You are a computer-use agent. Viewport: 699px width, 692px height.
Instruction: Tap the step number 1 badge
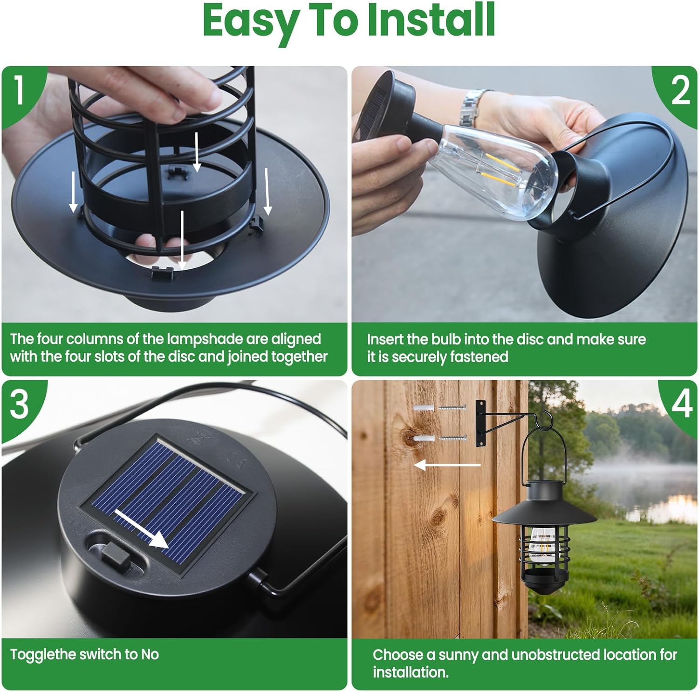click(x=19, y=89)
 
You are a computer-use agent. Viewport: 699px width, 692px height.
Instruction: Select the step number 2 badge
click(x=680, y=90)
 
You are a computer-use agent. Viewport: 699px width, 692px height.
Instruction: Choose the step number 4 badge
click(x=681, y=404)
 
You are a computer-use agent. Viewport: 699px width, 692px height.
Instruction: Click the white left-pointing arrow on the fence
click(x=447, y=465)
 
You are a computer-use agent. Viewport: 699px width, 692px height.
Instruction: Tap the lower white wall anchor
click(x=424, y=439)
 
